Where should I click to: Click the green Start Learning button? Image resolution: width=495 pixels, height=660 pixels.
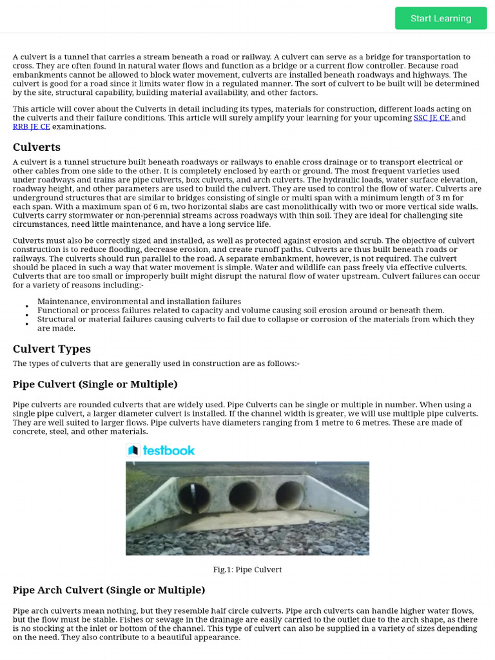pos(441,18)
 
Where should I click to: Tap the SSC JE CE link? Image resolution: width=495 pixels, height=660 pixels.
pos(431,118)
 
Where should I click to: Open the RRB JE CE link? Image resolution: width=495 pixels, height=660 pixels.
pos(31,127)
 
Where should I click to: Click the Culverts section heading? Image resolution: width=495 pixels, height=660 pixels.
pos(37,147)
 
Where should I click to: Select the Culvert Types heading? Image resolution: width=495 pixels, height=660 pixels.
pos(52,349)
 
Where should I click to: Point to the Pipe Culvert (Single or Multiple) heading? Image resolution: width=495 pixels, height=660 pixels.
pos(95,384)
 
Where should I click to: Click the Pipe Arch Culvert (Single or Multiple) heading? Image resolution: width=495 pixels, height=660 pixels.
pos(109,590)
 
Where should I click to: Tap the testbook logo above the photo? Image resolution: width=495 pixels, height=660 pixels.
pos(161,450)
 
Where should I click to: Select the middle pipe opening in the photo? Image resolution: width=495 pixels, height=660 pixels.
pos(244,496)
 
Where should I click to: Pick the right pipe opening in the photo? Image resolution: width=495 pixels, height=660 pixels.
pos(290,495)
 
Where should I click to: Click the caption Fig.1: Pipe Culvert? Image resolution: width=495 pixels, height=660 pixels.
pos(247,570)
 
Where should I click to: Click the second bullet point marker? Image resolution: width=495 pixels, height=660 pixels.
pos(27,315)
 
